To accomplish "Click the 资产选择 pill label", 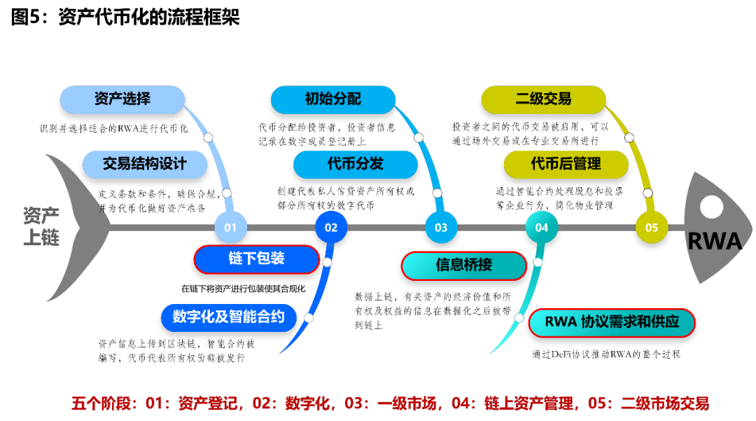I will (122, 99).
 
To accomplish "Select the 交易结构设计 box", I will (145, 165).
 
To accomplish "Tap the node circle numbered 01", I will (231, 227).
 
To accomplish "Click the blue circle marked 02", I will (331, 227).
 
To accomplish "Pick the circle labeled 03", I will (441, 227).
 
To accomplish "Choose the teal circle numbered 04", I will (542, 227).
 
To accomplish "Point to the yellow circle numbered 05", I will (652, 227).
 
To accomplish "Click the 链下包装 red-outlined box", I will (256, 259).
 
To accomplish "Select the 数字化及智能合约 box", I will (229, 317).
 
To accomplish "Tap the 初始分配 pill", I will (333, 99).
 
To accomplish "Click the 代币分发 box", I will (356, 165).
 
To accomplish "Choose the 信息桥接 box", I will (463, 265).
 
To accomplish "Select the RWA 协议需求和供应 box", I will (612, 323).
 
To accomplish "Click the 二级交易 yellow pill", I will (543, 99).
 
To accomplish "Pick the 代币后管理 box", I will (566, 165).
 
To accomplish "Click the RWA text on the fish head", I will (714, 242).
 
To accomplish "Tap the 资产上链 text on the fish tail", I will (41, 226).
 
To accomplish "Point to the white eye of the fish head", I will (712, 207).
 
